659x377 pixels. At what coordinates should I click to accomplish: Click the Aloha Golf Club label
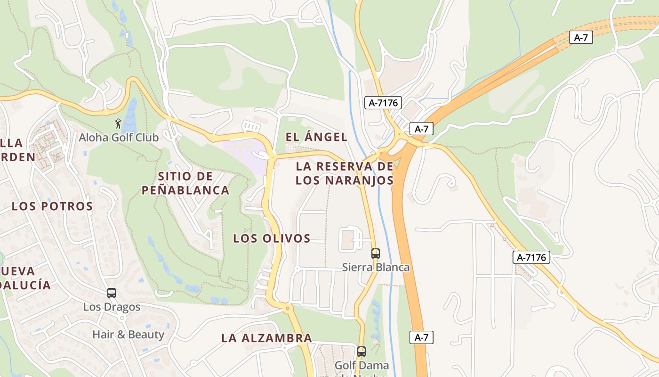[x=119, y=138]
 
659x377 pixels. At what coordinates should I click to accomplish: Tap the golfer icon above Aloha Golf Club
[x=118, y=124]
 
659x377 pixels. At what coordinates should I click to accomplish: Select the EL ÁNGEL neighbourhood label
[x=316, y=137]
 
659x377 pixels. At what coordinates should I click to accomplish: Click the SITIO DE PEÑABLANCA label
[x=185, y=183]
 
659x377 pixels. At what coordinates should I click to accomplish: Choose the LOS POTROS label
[x=52, y=206]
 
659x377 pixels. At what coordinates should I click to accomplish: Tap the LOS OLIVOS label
[x=272, y=238]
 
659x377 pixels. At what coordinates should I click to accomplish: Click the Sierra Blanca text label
[x=376, y=267]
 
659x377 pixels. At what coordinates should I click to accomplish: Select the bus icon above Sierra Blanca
[x=375, y=254]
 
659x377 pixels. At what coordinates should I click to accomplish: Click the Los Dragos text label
[x=112, y=307]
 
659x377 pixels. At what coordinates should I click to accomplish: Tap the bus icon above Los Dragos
[x=112, y=293]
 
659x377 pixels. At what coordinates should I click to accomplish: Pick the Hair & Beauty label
[x=128, y=335]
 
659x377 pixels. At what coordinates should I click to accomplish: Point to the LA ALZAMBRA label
[x=266, y=338]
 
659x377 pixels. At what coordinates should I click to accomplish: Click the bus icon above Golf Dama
[x=362, y=352]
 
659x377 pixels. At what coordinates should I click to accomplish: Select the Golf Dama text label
[x=362, y=365]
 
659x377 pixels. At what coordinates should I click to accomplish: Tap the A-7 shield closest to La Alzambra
[x=421, y=337]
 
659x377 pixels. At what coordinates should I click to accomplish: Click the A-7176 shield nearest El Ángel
[x=383, y=103]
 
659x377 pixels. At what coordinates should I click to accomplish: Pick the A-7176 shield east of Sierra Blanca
[x=531, y=257]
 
